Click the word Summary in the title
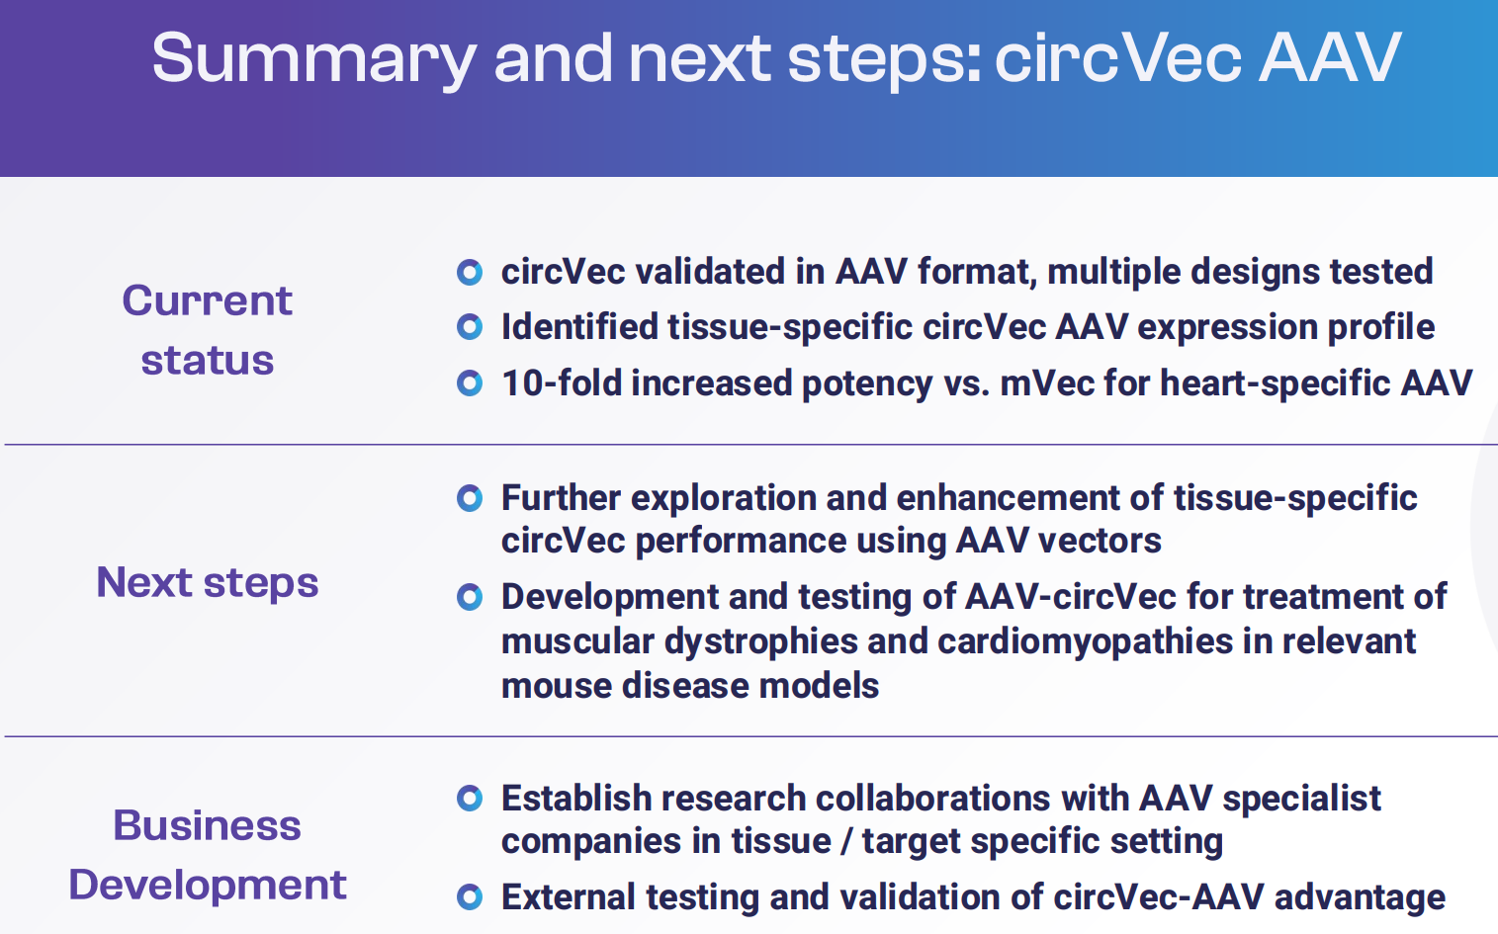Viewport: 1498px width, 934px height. [x=314, y=60]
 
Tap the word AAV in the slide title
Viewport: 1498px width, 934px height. [x=1330, y=58]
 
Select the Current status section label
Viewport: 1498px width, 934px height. [x=208, y=329]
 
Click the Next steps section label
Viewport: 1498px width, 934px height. [x=208, y=582]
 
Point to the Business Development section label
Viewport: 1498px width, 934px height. [x=208, y=855]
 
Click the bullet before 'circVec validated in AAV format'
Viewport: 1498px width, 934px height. [x=470, y=272]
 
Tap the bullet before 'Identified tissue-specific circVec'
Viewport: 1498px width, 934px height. [x=470, y=327]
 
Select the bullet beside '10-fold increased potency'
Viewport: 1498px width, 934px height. [x=470, y=383]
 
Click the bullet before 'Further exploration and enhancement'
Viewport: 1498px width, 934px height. [x=470, y=497]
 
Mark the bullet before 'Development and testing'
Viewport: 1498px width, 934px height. [x=470, y=597]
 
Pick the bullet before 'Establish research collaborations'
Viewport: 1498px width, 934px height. [x=470, y=799]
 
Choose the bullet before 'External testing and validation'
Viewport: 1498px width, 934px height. [x=470, y=897]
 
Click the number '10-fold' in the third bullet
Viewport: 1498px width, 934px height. [x=562, y=383]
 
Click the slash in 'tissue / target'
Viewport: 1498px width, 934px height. [x=846, y=841]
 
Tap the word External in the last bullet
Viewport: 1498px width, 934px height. [x=569, y=897]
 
